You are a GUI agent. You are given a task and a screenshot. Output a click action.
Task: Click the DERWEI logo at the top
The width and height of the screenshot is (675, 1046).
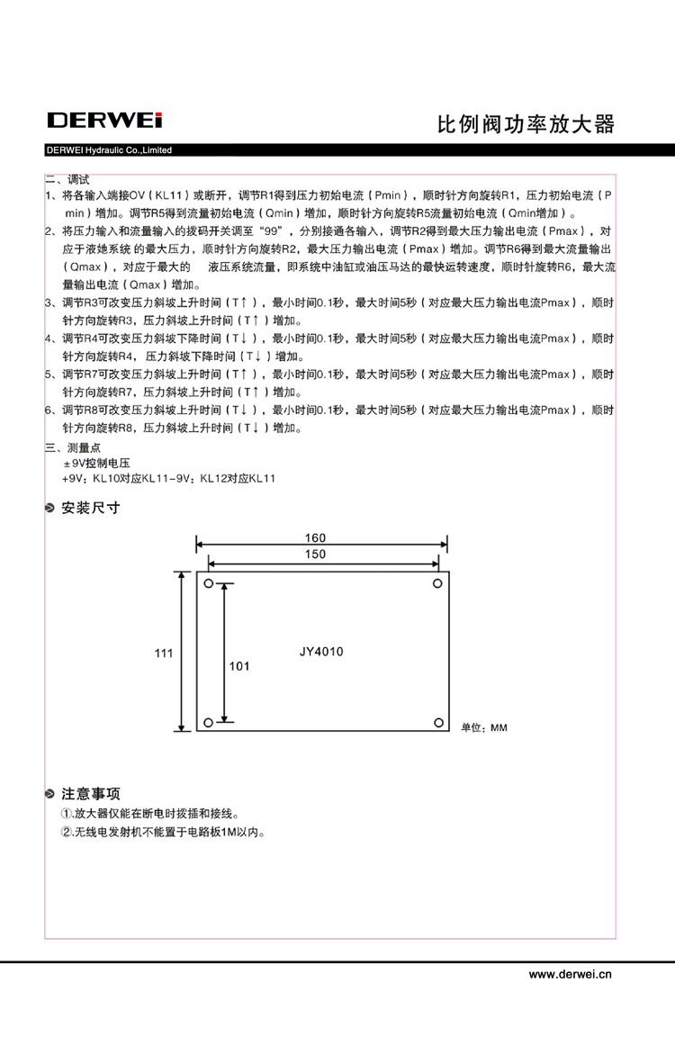[x=104, y=121]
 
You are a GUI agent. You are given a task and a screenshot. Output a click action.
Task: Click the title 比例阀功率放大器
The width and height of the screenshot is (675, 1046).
[x=526, y=124]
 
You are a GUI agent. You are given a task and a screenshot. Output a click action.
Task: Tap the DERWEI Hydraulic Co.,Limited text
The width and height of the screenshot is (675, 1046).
[x=109, y=150]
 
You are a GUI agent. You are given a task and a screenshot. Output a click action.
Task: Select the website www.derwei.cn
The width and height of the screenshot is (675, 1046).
[x=570, y=973]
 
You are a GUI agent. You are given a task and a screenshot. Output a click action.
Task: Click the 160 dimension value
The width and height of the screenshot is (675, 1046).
[x=315, y=537]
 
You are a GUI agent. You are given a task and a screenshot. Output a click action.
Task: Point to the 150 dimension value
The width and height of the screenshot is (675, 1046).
[x=315, y=555]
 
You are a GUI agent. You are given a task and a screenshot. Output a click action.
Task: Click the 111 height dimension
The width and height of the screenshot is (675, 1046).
[x=163, y=654]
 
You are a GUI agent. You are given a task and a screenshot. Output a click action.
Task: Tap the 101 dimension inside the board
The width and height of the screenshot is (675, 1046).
[x=239, y=666]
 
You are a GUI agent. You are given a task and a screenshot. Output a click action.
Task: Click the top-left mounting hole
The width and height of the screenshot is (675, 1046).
[x=209, y=584]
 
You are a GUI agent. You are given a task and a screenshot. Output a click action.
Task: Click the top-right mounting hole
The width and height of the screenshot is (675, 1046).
[x=438, y=583]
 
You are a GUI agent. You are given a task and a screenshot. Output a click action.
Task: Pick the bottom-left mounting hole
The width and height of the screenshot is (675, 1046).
[x=209, y=722]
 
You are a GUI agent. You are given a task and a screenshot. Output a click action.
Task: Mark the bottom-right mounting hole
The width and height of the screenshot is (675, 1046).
[x=438, y=722]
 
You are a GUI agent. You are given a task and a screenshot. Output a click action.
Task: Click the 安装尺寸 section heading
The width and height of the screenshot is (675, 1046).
[x=90, y=508]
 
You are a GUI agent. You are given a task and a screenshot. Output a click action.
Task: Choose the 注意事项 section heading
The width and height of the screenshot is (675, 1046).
[x=90, y=794]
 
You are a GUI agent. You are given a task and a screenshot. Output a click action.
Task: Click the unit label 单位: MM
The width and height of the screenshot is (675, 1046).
[x=484, y=727]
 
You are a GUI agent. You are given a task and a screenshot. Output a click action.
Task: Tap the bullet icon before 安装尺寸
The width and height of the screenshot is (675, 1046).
[x=51, y=509]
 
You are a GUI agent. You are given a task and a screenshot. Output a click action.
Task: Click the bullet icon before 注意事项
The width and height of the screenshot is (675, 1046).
[x=51, y=795]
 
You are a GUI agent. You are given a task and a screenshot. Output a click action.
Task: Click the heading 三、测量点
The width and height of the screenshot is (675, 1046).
[x=74, y=447]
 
